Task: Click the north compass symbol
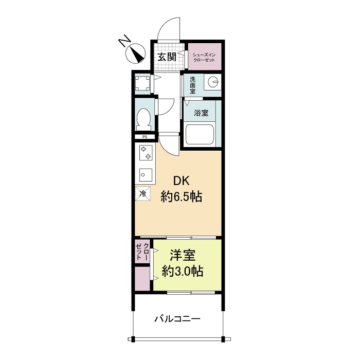click(x=136, y=52)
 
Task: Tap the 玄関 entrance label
click(x=167, y=57)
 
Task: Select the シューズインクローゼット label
click(x=204, y=56)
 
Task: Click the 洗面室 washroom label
click(x=192, y=85)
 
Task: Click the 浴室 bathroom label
click(x=201, y=112)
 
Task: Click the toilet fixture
click(x=143, y=118)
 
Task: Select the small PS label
click(x=145, y=137)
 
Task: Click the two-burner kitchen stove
click(x=145, y=152)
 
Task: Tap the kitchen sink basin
click(x=145, y=173)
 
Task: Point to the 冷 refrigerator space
click(x=143, y=194)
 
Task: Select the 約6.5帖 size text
click(x=181, y=196)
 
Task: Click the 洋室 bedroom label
click(x=182, y=255)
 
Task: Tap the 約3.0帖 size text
click(x=182, y=271)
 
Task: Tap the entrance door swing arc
click(x=167, y=28)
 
